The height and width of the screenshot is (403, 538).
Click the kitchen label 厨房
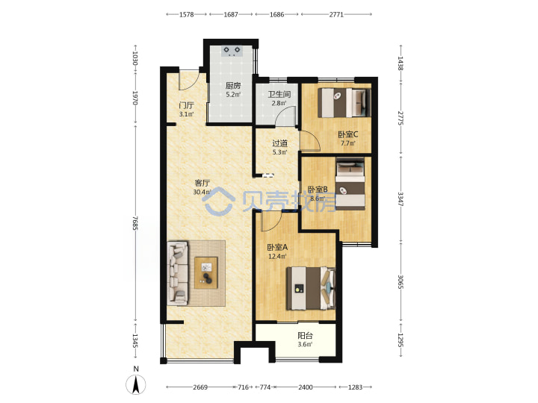(233, 86)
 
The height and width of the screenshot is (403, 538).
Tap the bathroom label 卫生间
(279, 94)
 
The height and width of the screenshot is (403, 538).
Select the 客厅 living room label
(202, 184)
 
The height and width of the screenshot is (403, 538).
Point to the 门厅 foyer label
(186, 105)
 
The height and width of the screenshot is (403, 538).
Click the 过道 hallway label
(279, 143)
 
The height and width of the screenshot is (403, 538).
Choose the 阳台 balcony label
(305, 336)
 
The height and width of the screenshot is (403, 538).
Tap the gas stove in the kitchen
(232, 51)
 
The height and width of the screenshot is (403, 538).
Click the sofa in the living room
(178, 273)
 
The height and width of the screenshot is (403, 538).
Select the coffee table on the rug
(206, 273)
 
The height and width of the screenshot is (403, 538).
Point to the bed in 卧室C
(344, 103)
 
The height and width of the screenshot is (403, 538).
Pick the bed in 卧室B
(350, 184)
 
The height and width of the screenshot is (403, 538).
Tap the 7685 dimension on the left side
(135, 223)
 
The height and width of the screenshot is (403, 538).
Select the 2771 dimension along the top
(336, 14)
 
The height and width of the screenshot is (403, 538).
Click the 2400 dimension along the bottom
(305, 387)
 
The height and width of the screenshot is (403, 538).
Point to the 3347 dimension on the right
(401, 199)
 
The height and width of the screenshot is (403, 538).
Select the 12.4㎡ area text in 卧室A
(277, 256)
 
